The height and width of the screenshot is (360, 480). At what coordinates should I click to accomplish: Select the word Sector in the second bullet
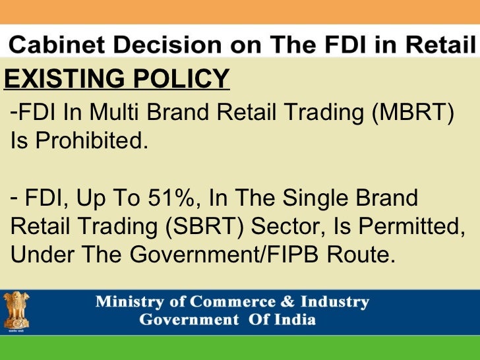tap(280, 226)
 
